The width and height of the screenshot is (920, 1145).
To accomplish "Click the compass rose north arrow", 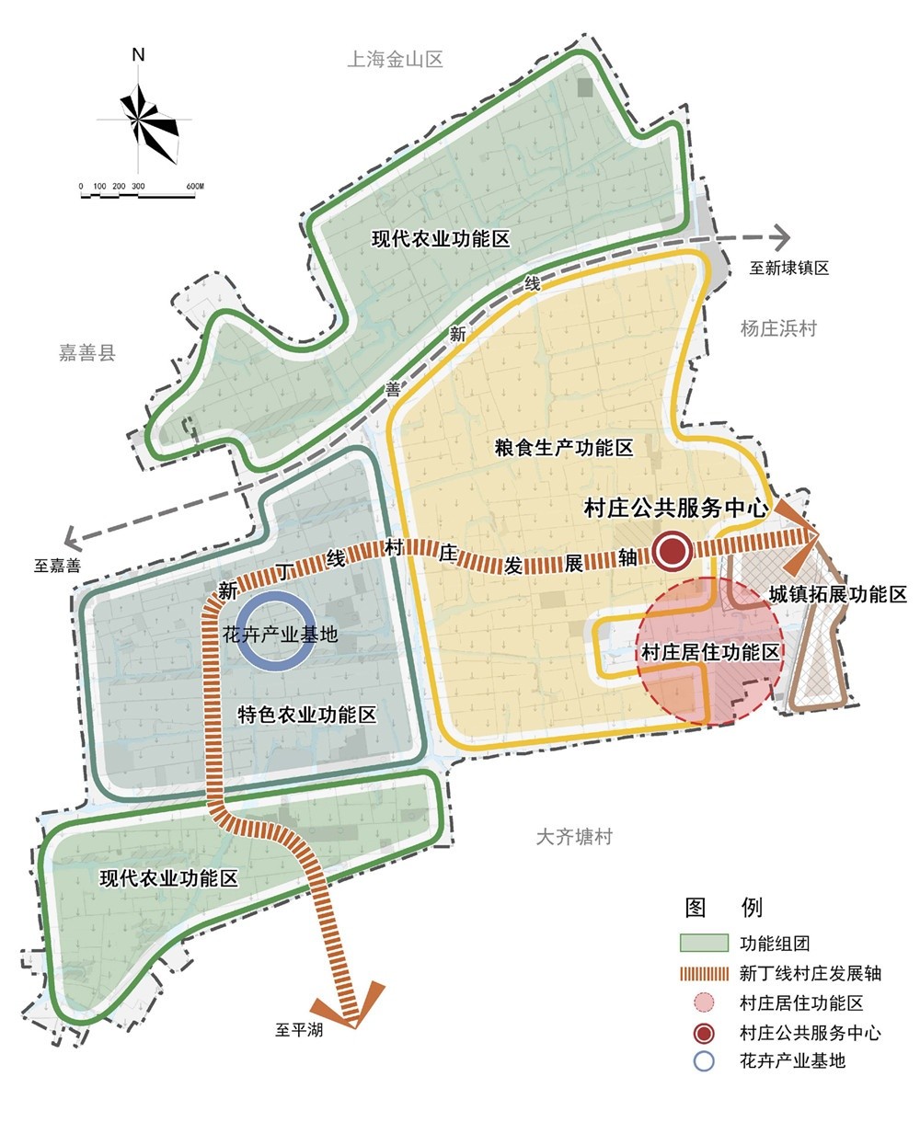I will click(141, 117).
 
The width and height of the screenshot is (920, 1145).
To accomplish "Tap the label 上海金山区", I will click(396, 60).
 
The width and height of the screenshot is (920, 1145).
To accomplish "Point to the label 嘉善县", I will click(87, 353).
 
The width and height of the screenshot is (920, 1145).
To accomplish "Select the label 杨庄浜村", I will click(778, 328).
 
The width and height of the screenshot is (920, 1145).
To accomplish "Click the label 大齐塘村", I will click(574, 837).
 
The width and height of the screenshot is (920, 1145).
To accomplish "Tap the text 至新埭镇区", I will click(788, 268).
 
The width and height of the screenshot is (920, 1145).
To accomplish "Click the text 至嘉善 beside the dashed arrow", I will click(57, 566).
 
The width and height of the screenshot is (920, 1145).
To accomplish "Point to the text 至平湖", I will click(299, 1030).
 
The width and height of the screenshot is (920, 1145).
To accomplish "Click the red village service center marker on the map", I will click(673, 551).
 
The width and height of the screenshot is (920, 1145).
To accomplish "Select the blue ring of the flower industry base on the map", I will click(276, 634).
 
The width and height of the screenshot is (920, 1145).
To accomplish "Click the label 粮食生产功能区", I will click(564, 448).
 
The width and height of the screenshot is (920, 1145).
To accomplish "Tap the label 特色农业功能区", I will click(307, 715).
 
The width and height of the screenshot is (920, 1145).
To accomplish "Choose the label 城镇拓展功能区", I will click(838, 594).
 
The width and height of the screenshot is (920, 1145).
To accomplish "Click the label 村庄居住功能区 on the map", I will click(710, 653).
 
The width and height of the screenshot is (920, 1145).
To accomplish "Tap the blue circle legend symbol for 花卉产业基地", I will click(704, 1060).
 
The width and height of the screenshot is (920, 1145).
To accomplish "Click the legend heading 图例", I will click(724, 908).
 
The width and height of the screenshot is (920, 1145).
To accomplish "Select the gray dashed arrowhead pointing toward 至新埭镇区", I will click(781, 235).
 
